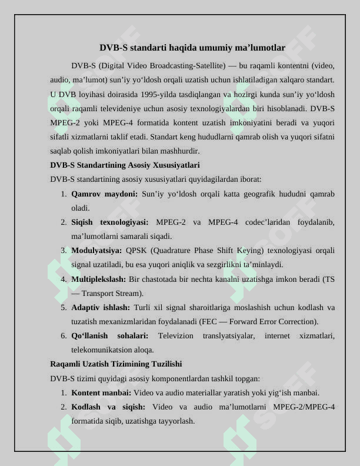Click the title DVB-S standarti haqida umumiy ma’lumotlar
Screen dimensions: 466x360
tap(192, 48)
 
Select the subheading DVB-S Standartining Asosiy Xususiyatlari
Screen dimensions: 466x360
tap(125, 165)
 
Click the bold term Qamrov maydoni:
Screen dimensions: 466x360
tap(105, 194)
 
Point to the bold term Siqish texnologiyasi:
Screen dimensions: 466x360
tap(110, 222)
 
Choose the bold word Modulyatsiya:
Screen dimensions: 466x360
tap(96, 250)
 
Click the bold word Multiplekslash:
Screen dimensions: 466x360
tap(99, 278)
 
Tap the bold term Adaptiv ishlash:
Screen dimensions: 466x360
tap(101, 307)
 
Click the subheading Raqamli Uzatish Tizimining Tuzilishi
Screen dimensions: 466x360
tap(116, 364)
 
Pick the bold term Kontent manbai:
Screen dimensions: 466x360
tap(101, 392)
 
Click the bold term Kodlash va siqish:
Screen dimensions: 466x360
tap(108, 407)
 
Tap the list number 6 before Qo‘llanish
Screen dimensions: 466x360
tap(63, 335)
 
